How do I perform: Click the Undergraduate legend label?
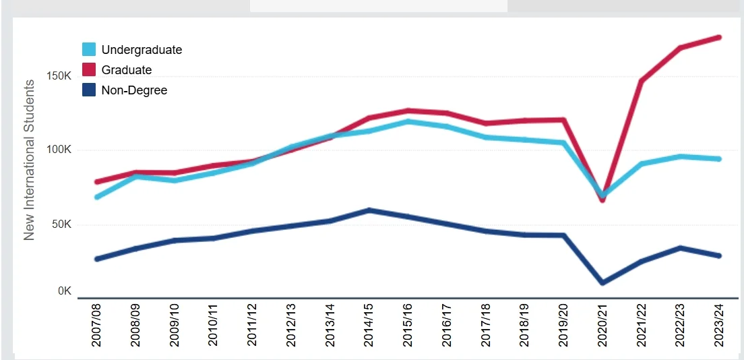click(x=142, y=49)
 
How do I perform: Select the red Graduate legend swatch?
click(x=89, y=69)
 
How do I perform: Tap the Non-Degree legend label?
click(x=134, y=90)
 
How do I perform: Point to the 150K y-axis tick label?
click(x=59, y=76)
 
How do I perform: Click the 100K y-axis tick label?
click(x=59, y=150)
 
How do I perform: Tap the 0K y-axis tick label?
click(x=64, y=291)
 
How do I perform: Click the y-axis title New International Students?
click(x=30, y=160)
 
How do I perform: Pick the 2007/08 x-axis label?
click(x=97, y=326)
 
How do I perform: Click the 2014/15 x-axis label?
click(x=369, y=326)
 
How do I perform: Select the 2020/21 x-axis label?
click(x=602, y=326)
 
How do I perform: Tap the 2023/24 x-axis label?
click(x=719, y=326)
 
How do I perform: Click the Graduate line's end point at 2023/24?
click(x=719, y=37)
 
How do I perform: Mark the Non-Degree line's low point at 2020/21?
click(x=602, y=282)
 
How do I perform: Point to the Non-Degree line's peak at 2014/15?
click(x=369, y=210)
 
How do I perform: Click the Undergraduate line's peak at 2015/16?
click(x=408, y=121)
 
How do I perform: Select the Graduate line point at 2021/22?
click(x=641, y=82)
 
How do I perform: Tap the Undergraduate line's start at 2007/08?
click(x=97, y=197)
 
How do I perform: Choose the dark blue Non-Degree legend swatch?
click(x=89, y=90)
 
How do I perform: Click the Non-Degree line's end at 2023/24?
click(x=719, y=256)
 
